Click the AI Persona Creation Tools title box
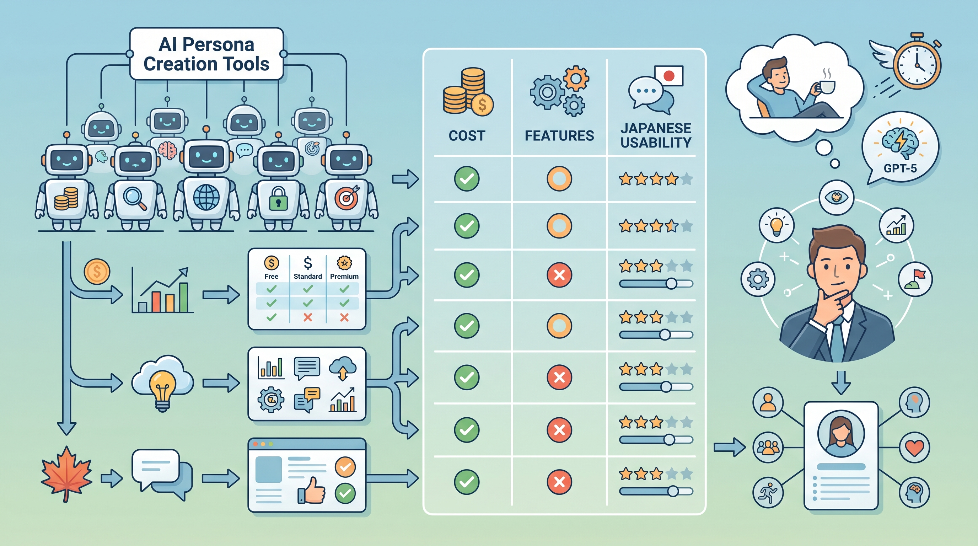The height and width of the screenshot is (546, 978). [x=206, y=54]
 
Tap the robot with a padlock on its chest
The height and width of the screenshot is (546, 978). [x=278, y=182]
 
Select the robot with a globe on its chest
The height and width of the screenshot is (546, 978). [x=206, y=178]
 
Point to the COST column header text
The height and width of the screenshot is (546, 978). [x=467, y=135]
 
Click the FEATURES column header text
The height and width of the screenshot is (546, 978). [x=559, y=135]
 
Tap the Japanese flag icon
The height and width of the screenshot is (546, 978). [x=668, y=76]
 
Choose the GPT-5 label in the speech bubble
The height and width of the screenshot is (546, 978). [x=900, y=168]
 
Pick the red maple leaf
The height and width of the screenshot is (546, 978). [x=67, y=473]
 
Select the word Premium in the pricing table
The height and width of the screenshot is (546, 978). [x=344, y=277]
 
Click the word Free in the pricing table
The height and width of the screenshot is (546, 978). [x=272, y=277]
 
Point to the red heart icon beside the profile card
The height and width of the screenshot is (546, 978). [x=915, y=448]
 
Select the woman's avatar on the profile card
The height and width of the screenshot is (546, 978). [x=841, y=434]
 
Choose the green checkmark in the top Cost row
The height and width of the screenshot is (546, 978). [x=467, y=178]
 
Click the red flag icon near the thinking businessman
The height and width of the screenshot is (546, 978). [x=915, y=279]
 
